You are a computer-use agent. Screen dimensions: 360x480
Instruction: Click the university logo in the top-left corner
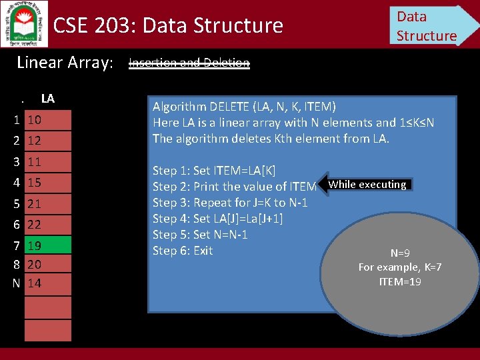pyautogui.click(x=24, y=23)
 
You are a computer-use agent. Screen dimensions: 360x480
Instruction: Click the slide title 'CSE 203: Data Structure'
pyautogui.click(x=168, y=26)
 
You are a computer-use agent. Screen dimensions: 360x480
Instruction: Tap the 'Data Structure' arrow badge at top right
pyautogui.click(x=430, y=25)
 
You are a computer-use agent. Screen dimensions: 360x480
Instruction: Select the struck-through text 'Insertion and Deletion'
pyautogui.click(x=189, y=63)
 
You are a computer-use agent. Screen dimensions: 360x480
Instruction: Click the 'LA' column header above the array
pyautogui.click(x=47, y=99)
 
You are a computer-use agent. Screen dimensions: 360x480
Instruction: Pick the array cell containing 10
pyautogui.click(x=47, y=120)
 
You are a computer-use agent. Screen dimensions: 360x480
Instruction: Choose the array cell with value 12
pyautogui.click(x=47, y=141)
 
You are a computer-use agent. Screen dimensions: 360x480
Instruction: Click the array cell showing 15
pyautogui.click(x=47, y=182)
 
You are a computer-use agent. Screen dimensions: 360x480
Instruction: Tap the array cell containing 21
pyautogui.click(x=47, y=203)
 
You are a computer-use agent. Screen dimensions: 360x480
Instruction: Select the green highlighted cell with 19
pyautogui.click(x=47, y=245)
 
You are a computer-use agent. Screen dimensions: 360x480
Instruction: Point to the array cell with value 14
pyautogui.click(x=47, y=283)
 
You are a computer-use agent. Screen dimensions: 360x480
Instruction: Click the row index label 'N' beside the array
pyautogui.click(x=16, y=283)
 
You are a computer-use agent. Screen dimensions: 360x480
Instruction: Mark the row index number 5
pyautogui.click(x=16, y=203)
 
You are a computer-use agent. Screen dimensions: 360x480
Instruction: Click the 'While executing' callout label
pyautogui.click(x=367, y=185)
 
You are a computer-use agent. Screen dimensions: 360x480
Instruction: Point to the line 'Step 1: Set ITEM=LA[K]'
pyautogui.click(x=214, y=171)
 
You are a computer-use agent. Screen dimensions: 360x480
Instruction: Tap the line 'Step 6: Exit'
pyautogui.click(x=183, y=251)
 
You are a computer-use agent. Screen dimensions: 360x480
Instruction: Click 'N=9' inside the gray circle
pyautogui.click(x=400, y=253)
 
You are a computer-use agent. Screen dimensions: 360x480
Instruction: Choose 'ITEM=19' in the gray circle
pyautogui.click(x=400, y=281)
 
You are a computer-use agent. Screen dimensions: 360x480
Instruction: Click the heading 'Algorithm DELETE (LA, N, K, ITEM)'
pyautogui.click(x=244, y=107)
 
